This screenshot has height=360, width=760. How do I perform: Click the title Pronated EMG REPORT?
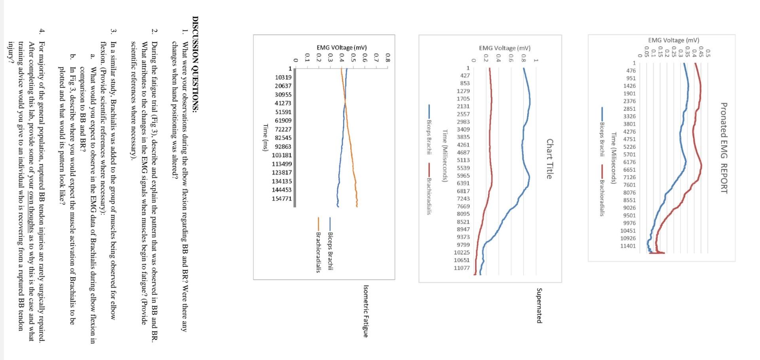pos(724,148)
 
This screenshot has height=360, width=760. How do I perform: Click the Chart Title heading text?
pos(549,159)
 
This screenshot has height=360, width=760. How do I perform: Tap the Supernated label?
pos(539,305)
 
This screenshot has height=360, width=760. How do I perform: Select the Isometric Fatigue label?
pos(365,311)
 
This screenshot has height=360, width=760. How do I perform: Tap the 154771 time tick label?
pos(281,198)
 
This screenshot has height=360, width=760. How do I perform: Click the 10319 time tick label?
pos(283,77)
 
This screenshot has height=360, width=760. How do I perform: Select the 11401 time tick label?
pos(628,246)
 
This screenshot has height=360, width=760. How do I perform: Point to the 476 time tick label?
pos(631,70)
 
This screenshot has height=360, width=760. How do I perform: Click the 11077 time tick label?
pos(462,268)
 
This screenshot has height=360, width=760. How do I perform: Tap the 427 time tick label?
pos(465,75)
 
